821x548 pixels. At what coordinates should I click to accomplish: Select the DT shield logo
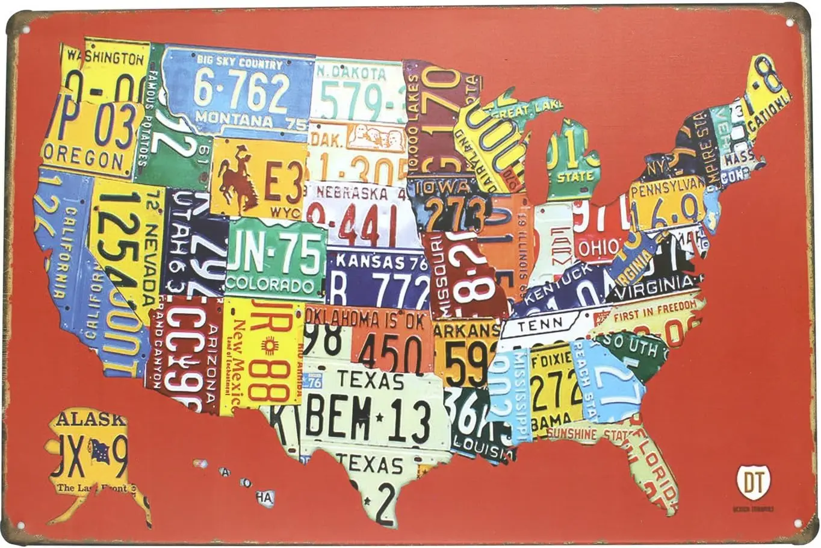click(x=752, y=482)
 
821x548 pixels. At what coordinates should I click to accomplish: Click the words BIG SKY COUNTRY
click(x=239, y=63)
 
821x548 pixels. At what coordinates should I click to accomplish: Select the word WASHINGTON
click(x=106, y=58)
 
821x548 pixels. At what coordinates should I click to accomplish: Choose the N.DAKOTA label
click(x=352, y=74)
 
